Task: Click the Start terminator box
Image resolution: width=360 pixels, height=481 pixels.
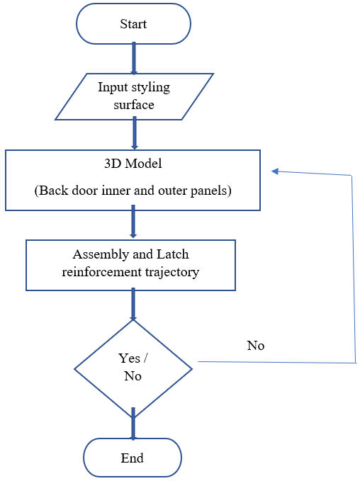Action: click(x=133, y=24)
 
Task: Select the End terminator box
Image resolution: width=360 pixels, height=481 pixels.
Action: click(x=133, y=458)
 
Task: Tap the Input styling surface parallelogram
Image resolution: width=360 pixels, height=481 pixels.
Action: click(x=134, y=96)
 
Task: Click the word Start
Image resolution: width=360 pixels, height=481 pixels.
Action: click(x=133, y=24)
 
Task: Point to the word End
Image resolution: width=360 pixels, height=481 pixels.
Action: click(x=133, y=458)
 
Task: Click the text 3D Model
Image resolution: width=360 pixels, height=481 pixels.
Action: click(x=133, y=164)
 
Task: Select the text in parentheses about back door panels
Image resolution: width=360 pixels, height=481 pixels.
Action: click(x=133, y=191)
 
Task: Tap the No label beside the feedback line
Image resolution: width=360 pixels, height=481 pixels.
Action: click(x=255, y=346)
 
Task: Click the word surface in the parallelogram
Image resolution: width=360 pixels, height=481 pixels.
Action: click(x=134, y=105)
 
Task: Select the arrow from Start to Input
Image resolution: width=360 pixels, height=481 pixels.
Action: click(x=133, y=59)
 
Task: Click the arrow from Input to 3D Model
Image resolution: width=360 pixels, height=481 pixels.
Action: click(x=133, y=134)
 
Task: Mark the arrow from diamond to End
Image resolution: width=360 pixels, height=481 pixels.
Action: click(x=133, y=427)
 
